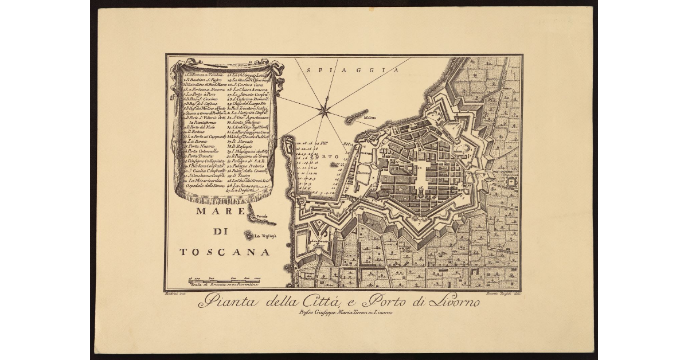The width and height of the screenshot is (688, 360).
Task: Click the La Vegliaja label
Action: click(265, 236)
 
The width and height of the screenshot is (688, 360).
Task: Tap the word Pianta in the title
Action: click(221, 300)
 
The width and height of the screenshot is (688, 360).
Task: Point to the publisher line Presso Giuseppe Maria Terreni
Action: click(344, 313)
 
